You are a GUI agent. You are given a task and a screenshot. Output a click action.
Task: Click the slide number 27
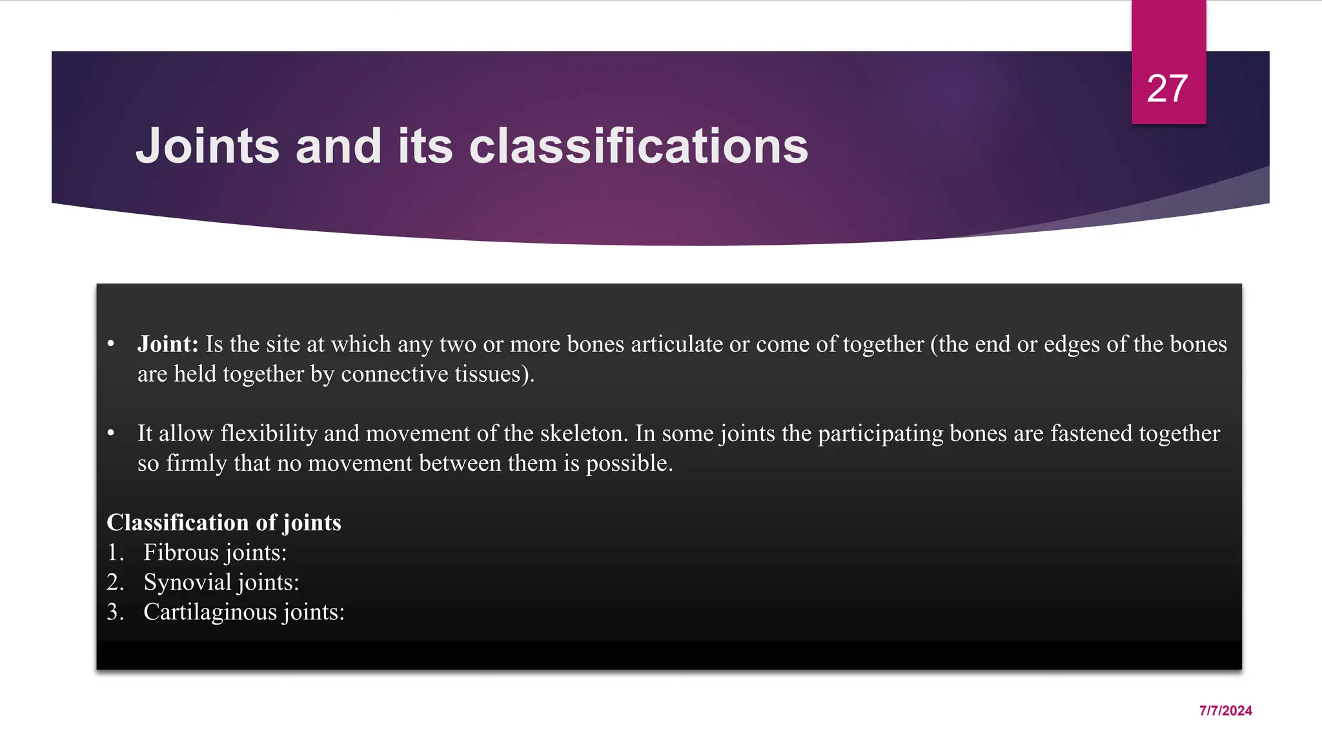pos(1167,88)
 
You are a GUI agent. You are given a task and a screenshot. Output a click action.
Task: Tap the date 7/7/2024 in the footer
pos(1225,710)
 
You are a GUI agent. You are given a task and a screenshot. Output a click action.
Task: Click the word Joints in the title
pos(207,147)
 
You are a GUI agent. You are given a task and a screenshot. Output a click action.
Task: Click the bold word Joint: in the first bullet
pos(168,344)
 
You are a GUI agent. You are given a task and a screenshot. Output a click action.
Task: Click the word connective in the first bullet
pos(394,374)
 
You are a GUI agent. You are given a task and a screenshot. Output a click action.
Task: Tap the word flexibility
pos(269,433)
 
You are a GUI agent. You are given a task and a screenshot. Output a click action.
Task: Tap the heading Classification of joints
pos(223,522)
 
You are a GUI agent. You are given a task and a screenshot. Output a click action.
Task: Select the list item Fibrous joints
pos(214,552)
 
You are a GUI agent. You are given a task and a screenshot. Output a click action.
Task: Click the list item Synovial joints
pos(221,582)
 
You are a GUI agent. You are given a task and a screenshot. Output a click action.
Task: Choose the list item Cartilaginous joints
pos(243,612)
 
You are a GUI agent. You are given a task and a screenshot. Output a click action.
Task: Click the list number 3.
pos(114,612)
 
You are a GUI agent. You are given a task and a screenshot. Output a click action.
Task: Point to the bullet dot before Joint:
pos(111,344)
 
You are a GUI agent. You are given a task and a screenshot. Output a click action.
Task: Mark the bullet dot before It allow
pos(111,433)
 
